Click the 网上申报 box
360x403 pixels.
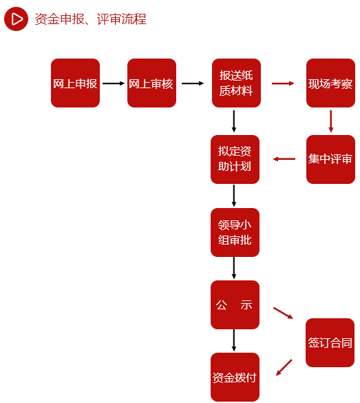[x=75, y=83]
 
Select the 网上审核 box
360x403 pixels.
[x=151, y=83]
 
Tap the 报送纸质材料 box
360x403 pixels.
[x=236, y=83]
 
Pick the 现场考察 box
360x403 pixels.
[x=330, y=83]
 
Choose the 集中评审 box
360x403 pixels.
[x=330, y=159]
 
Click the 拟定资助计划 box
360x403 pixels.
[x=235, y=159]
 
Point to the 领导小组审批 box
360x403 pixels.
[x=235, y=232]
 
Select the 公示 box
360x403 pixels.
[x=235, y=304]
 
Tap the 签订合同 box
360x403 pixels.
[x=330, y=342]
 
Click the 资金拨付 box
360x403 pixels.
[x=235, y=377]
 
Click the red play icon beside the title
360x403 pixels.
[x=16, y=19]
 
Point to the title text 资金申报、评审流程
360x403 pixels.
[x=91, y=19]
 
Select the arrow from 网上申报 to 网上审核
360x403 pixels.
[x=114, y=83]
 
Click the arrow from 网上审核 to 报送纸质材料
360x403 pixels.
[x=193, y=83]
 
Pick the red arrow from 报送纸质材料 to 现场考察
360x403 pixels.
[x=283, y=83]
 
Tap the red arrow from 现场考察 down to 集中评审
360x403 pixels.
[x=330, y=121]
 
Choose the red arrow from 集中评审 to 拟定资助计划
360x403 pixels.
[x=284, y=159]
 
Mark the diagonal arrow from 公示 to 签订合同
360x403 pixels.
[x=283, y=313]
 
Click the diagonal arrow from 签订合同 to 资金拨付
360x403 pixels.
[x=284, y=368]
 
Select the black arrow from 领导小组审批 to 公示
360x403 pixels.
[x=233, y=268]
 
